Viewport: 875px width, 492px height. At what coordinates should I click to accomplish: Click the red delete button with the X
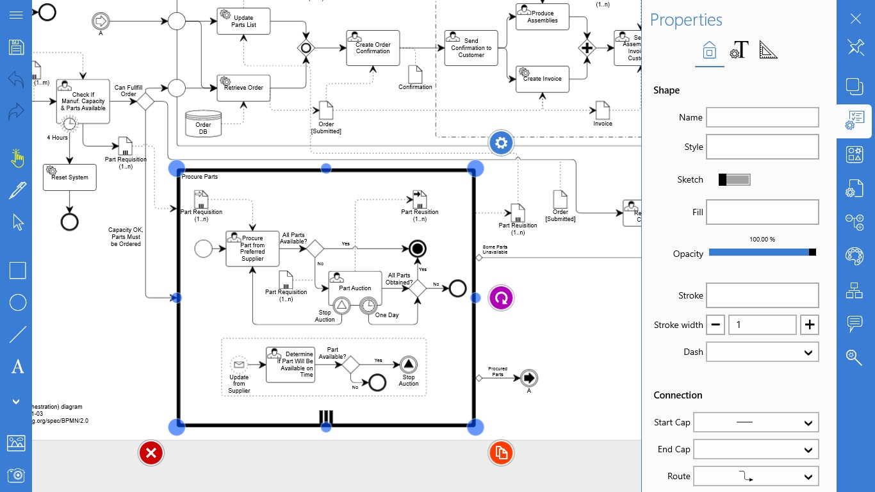tap(151, 454)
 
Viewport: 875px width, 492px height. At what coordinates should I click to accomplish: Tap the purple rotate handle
tap(501, 298)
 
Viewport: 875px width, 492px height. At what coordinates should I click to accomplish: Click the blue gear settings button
tap(501, 143)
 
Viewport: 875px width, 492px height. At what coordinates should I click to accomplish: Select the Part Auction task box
tap(354, 288)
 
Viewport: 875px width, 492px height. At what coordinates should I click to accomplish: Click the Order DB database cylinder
tap(203, 124)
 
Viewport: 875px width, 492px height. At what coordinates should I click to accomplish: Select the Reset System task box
tap(70, 177)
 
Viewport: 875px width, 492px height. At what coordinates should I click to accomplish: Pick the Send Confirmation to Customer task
tap(471, 48)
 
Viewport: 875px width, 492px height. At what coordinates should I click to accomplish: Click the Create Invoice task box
tap(542, 79)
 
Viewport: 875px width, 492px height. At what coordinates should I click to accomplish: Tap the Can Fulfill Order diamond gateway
tap(145, 101)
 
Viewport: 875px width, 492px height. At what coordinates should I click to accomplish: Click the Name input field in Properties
tap(762, 117)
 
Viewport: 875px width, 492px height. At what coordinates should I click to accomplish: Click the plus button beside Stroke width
tap(810, 325)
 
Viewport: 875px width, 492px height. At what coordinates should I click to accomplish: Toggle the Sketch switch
tap(734, 180)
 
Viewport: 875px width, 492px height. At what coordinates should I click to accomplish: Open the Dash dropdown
tap(762, 352)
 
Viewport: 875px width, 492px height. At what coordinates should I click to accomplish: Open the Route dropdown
tap(756, 476)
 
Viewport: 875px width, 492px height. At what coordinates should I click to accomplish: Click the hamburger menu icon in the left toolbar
tap(17, 15)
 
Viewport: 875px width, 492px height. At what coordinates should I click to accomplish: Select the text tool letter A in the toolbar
tap(17, 367)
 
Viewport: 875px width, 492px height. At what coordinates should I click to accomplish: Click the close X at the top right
tap(855, 19)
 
